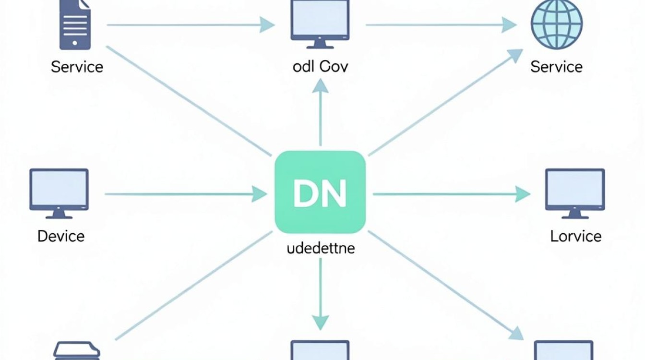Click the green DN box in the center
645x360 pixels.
click(x=320, y=192)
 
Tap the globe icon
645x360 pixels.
click(x=557, y=25)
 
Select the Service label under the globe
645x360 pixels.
click(x=557, y=67)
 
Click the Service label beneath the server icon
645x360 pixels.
click(x=77, y=67)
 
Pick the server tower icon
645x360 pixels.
click(x=75, y=25)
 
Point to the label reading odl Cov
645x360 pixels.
click(x=320, y=67)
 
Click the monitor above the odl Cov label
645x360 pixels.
click(x=320, y=24)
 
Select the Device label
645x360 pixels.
click(x=61, y=236)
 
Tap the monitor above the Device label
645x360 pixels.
click(x=59, y=193)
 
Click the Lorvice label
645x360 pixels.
click(x=576, y=236)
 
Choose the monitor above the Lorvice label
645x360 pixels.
click(x=575, y=193)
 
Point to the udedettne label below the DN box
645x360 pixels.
click(x=321, y=248)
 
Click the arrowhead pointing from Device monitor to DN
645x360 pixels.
click(x=259, y=194)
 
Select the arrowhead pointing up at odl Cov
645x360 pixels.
click(x=320, y=86)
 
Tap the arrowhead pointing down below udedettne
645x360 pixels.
click(x=320, y=323)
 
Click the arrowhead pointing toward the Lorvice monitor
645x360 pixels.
click(x=523, y=194)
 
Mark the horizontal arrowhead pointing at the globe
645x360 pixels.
click(x=509, y=25)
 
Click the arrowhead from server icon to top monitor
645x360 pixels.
click(x=267, y=25)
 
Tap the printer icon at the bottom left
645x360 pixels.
click(x=77, y=351)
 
